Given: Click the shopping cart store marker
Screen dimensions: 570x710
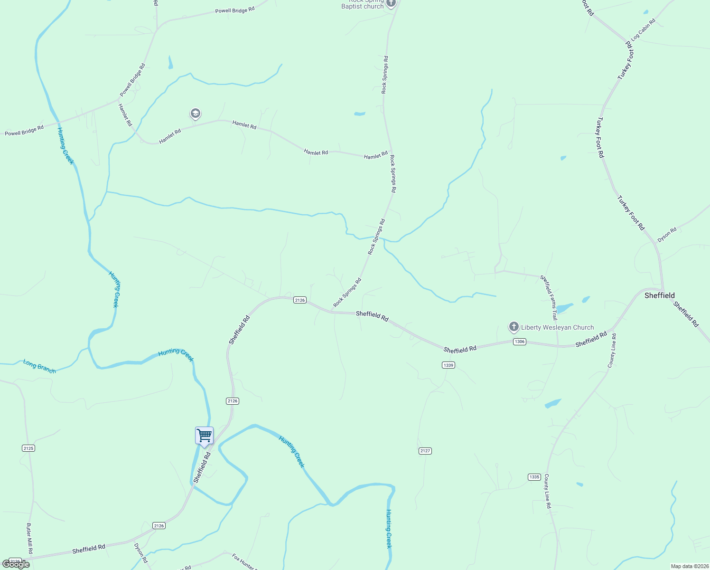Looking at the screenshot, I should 204,435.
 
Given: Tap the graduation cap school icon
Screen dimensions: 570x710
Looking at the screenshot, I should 195,114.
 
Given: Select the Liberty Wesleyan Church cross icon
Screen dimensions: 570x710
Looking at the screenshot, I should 514,327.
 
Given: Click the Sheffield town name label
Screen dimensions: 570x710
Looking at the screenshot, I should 659,295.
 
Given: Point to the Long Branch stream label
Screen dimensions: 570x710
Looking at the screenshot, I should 39,366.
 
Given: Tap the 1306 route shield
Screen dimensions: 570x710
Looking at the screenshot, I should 519,342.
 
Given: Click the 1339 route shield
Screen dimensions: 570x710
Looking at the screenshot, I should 448,365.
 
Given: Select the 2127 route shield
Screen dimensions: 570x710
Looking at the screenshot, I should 425,451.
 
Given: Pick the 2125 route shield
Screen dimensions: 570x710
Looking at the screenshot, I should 28,448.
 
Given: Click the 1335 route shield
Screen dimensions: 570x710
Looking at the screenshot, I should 534,477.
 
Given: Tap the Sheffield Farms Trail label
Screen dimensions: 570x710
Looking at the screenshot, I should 549,297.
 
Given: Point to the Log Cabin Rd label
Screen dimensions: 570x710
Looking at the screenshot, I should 643,29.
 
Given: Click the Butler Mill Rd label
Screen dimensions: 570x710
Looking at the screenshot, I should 29,538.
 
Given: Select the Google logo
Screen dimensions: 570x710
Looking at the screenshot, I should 16,564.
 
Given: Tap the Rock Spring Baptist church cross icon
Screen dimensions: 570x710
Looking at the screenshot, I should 391,4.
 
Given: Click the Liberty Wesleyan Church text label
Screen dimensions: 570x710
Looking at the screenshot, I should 557,327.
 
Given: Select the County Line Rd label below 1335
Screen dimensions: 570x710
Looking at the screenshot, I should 547,491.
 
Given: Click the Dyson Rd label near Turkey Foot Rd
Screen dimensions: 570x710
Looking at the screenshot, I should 667,234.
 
